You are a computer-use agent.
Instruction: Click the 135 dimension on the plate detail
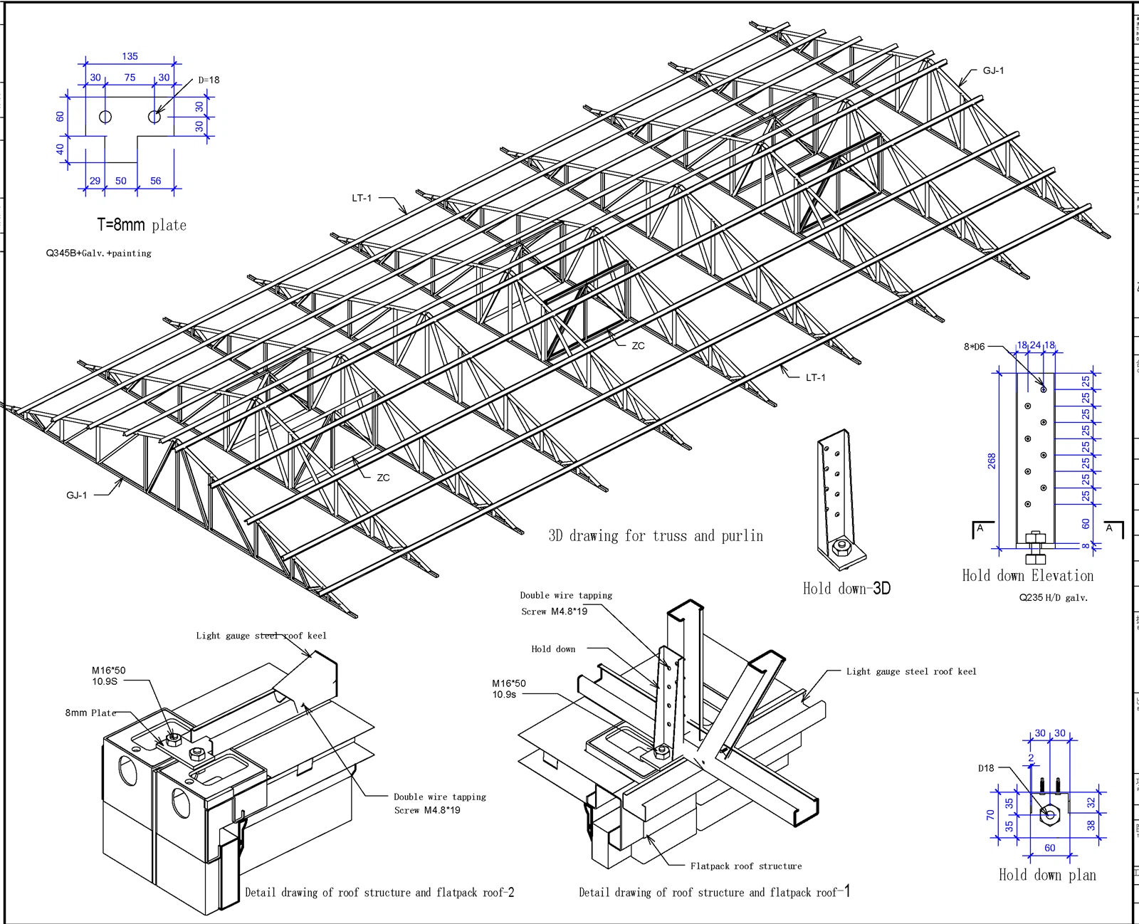click(x=130, y=56)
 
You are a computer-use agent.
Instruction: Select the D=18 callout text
click(x=209, y=80)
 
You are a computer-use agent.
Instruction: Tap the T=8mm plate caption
click(x=142, y=225)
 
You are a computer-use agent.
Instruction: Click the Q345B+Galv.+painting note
click(x=99, y=253)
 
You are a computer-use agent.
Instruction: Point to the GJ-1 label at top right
click(x=993, y=70)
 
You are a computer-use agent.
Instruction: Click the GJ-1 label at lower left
click(x=77, y=495)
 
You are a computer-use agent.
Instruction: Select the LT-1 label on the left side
click(x=362, y=198)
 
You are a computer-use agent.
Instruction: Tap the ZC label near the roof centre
click(x=638, y=346)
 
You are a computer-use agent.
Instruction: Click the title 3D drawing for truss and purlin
click(x=656, y=535)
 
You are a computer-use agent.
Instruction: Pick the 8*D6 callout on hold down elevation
click(x=974, y=347)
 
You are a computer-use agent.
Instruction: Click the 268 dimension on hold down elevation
click(x=992, y=461)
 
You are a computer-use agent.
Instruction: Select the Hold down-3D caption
click(x=846, y=588)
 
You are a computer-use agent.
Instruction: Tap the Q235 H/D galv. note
click(x=1053, y=597)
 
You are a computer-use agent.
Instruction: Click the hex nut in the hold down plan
click(x=1049, y=815)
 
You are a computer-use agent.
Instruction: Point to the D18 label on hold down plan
click(x=986, y=768)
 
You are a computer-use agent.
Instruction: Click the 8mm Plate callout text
click(x=90, y=713)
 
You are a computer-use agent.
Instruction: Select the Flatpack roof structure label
click(x=745, y=866)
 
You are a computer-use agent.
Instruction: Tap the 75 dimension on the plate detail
click(x=130, y=78)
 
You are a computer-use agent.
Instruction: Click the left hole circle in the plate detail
click(x=105, y=117)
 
